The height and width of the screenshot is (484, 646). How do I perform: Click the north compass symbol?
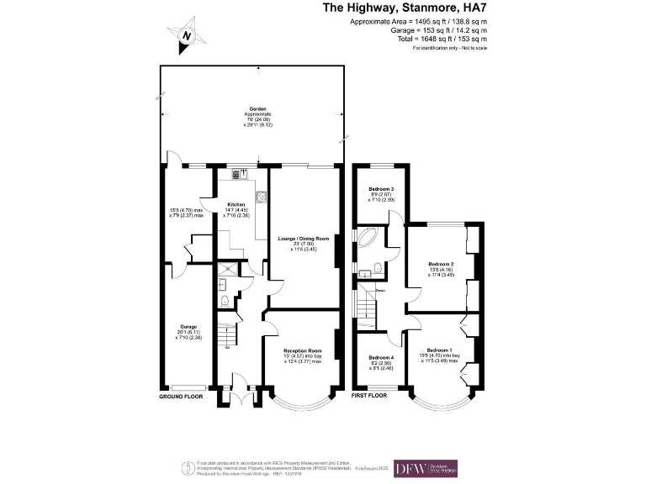point(187,35)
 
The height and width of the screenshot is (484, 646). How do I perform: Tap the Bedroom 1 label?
point(439,350)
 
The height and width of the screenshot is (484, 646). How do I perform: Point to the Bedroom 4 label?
point(380,357)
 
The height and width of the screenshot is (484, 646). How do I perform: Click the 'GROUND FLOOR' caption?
point(181,395)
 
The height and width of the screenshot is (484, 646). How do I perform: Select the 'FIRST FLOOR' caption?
point(369,395)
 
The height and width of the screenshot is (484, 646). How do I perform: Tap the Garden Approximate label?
point(257,110)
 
